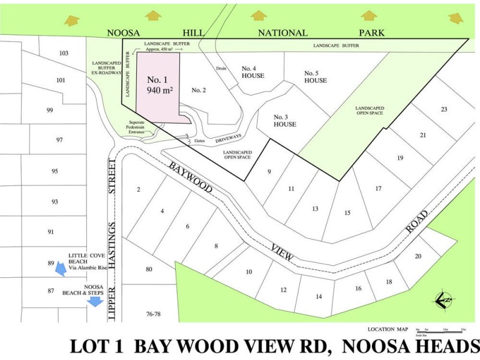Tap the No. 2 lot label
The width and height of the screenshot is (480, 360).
(199, 90)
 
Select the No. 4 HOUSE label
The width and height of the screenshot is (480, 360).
(253, 72)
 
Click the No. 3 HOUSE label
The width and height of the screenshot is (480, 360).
(285, 120)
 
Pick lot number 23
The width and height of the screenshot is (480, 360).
(444, 109)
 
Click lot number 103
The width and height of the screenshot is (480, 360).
(64, 53)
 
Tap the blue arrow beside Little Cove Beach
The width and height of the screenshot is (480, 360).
(60, 270)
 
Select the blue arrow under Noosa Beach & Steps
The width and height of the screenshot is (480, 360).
(94, 302)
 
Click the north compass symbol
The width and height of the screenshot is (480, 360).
(443, 299)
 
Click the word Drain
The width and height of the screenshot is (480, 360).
(221, 68)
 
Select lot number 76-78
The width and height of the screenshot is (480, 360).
(153, 314)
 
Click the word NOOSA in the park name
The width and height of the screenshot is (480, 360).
(124, 33)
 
